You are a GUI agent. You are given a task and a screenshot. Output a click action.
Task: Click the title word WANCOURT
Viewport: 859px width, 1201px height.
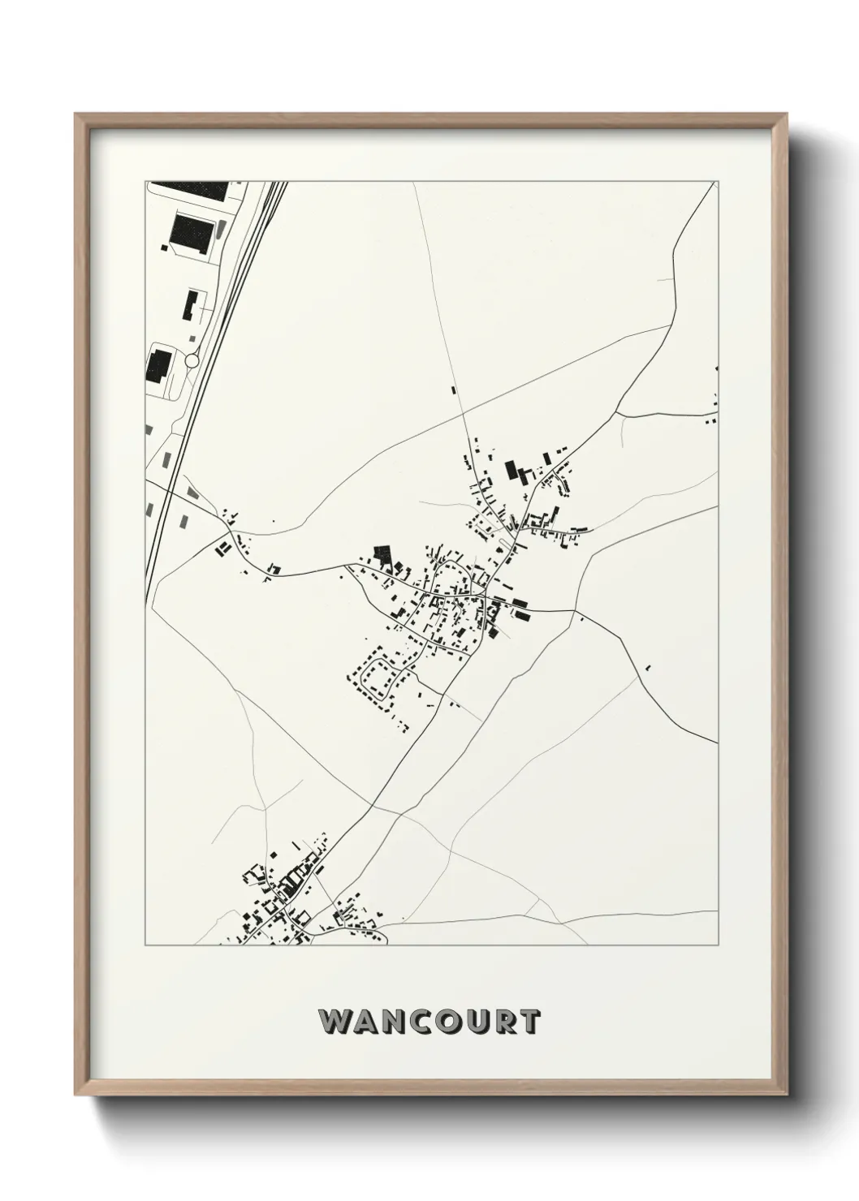tap(429, 1022)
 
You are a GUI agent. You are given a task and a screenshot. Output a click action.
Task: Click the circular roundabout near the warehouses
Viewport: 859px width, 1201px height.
tap(192, 359)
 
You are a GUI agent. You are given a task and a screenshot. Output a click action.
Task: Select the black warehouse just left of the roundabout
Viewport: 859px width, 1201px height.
tap(158, 364)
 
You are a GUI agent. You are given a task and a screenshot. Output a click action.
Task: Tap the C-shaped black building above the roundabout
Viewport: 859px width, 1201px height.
tap(192, 304)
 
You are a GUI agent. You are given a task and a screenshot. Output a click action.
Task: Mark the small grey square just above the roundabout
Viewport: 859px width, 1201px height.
tap(192, 337)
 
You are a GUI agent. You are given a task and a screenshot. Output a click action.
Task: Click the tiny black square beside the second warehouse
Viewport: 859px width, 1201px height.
tap(165, 246)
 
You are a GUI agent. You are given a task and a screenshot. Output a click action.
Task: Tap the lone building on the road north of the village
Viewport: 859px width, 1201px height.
tap(454, 390)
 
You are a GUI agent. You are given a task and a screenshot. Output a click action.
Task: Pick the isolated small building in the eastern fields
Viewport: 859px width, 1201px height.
tap(647, 668)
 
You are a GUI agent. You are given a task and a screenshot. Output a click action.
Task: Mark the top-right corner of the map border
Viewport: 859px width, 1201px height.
tap(718, 182)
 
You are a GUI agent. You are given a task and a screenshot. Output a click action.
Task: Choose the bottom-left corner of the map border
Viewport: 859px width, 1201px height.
tap(145, 945)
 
